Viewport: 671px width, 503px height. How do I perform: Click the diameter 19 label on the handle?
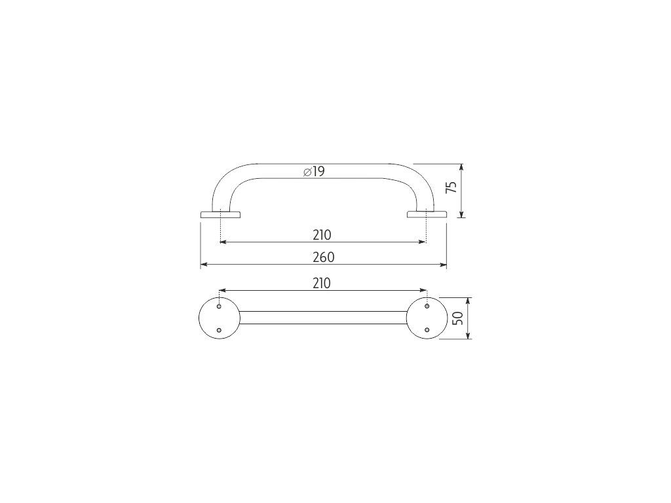[314, 172]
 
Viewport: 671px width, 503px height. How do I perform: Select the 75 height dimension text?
[451, 187]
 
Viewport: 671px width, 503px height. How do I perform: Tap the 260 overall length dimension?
[324, 257]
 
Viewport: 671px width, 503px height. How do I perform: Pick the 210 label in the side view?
[322, 235]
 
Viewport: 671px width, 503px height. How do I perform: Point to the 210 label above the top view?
[322, 283]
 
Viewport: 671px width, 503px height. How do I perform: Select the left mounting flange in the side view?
[220, 214]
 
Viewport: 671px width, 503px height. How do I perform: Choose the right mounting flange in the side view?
[427, 214]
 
